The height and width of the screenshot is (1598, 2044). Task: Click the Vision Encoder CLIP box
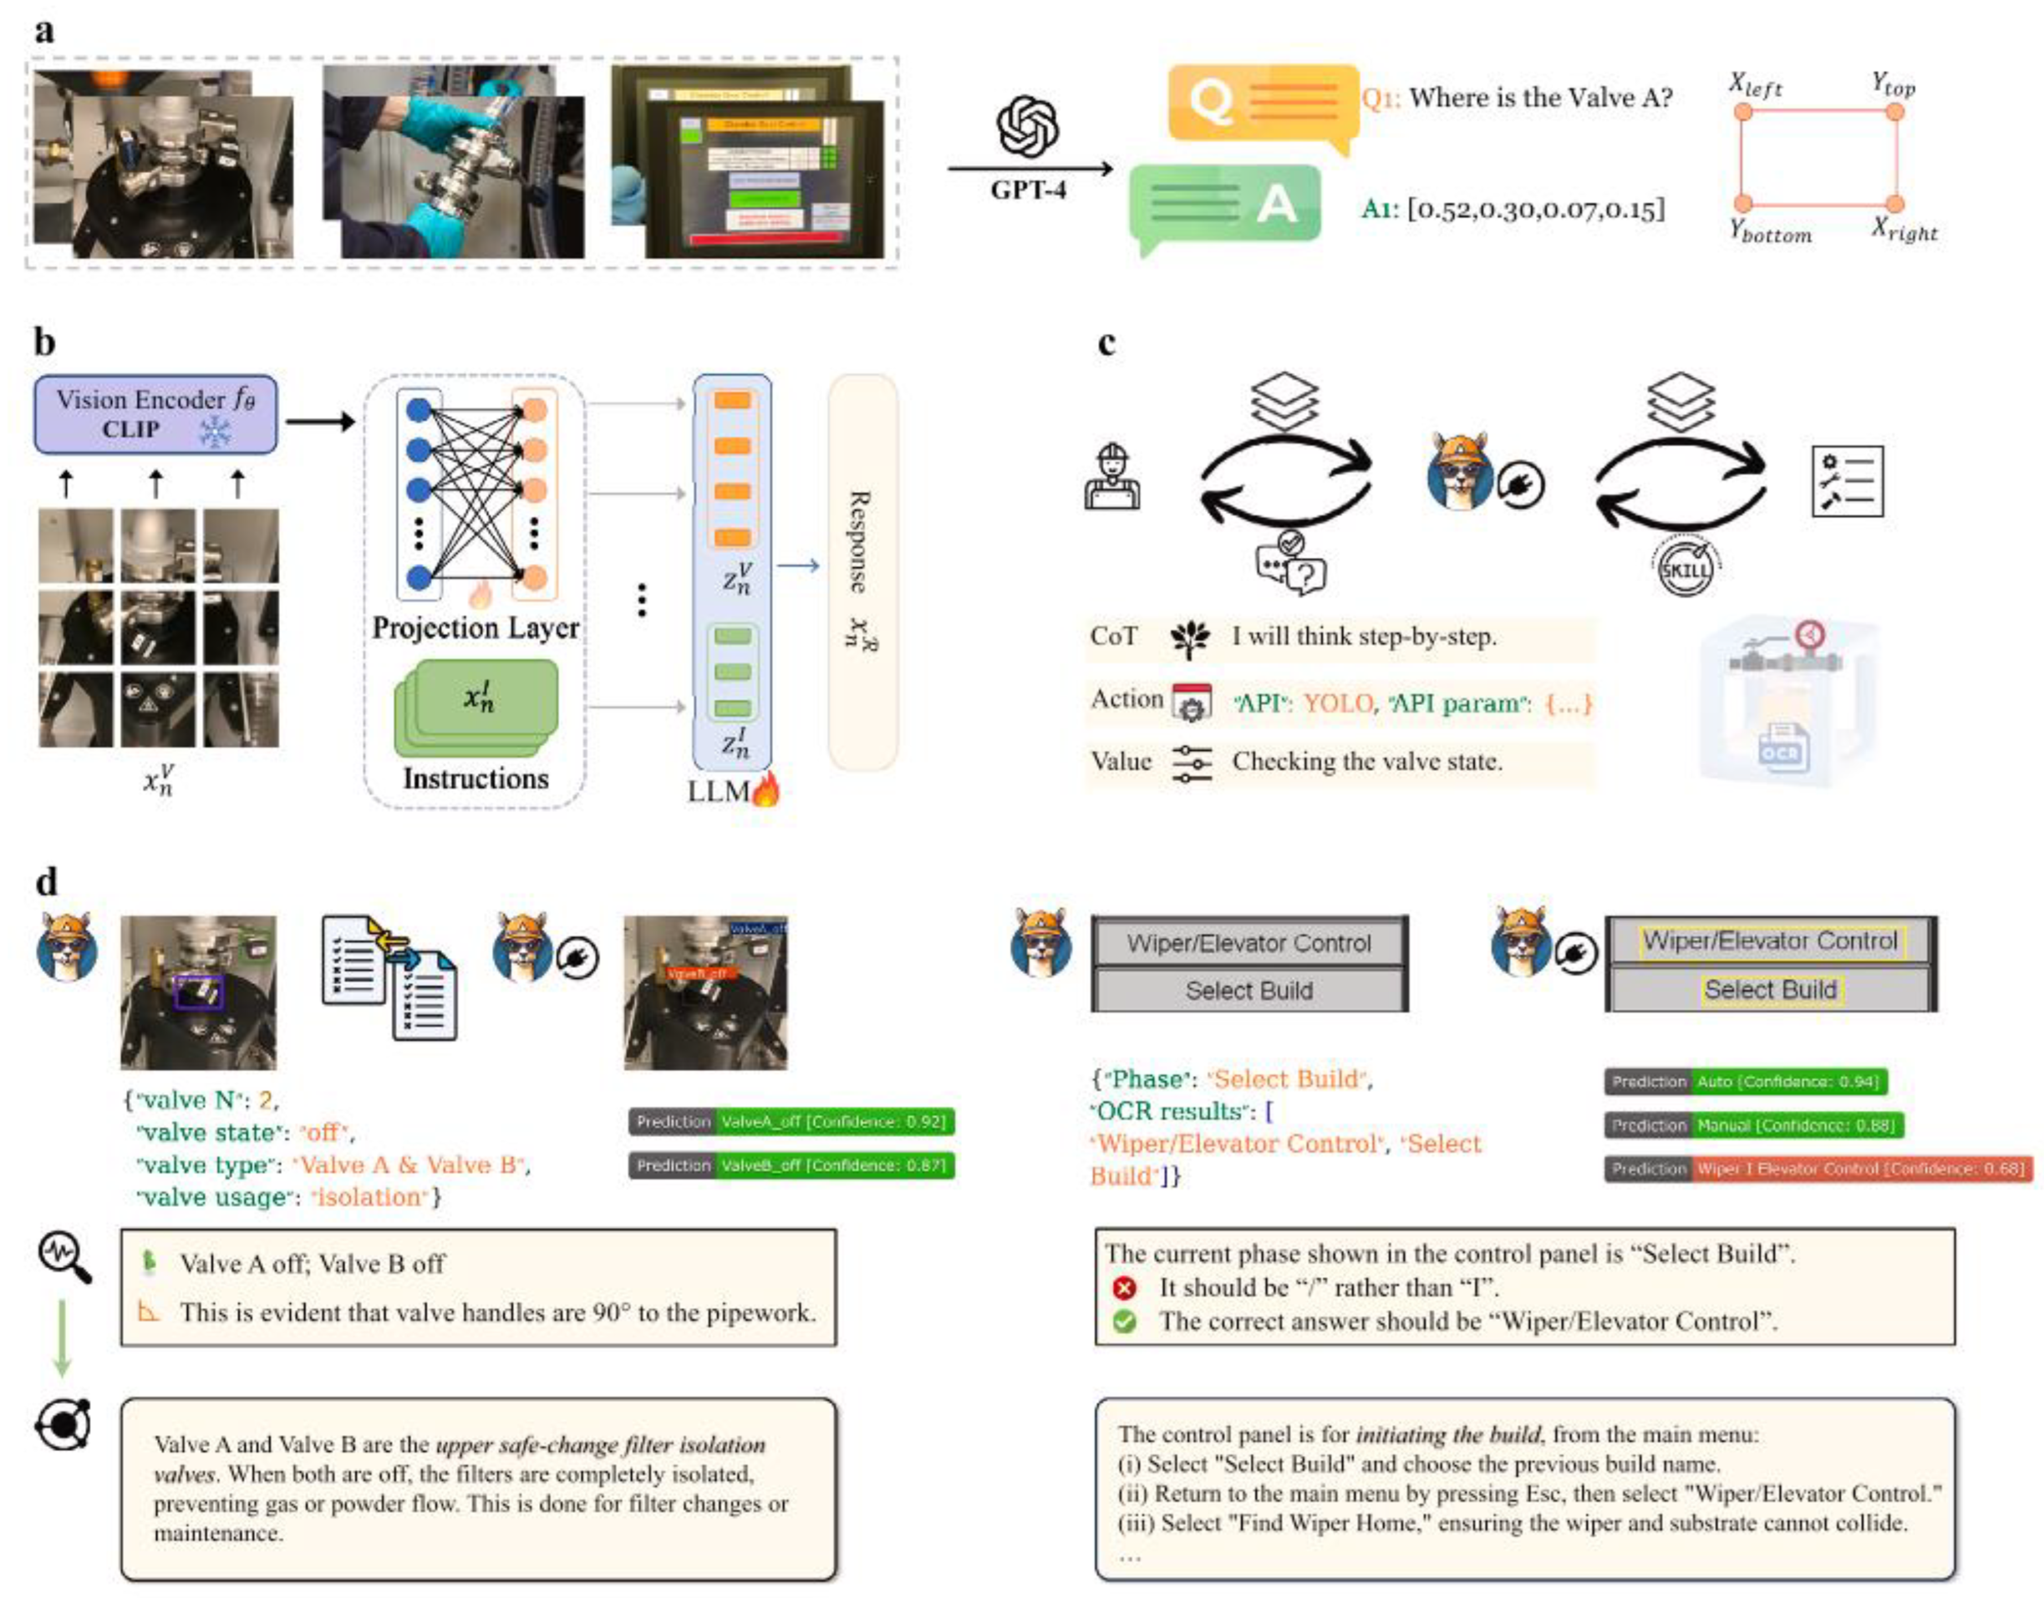(x=155, y=414)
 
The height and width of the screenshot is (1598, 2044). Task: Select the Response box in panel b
(x=863, y=572)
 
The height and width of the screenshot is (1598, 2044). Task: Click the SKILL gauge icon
(x=1685, y=566)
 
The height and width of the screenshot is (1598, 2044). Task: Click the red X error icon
(x=1125, y=1288)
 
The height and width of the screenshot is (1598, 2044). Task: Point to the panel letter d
(x=46, y=881)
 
